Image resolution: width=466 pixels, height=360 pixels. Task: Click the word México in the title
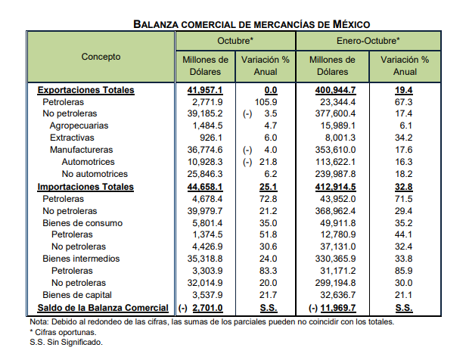pyautogui.click(x=351, y=24)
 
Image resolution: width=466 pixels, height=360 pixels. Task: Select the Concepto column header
pyautogui.click(x=101, y=57)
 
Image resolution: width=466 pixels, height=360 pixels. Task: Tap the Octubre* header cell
pyautogui.click(x=235, y=41)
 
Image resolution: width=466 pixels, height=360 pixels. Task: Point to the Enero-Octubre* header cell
pyautogui.click(x=368, y=41)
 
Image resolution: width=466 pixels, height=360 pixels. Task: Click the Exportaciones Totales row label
pyautogui.click(x=86, y=90)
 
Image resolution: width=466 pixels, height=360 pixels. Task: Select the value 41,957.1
pyautogui.click(x=205, y=90)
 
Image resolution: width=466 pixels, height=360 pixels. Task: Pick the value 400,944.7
pyautogui.click(x=335, y=90)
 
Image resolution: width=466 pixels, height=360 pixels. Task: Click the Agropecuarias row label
pyautogui.click(x=79, y=126)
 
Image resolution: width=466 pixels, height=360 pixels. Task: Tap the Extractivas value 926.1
pyautogui.click(x=211, y=138)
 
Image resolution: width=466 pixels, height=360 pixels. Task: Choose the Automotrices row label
pyautogui.click(x=88, y=162)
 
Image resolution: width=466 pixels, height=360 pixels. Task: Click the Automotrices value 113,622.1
pyautogui.click(x=335, y=162)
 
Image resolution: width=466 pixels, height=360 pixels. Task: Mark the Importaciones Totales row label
pyautogui.click(x=85, y=187)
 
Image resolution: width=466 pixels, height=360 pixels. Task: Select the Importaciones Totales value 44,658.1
pyautogui.click(x=205, y=187)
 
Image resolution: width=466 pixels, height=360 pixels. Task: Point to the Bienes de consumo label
pyautogui.click(x=82, y=223)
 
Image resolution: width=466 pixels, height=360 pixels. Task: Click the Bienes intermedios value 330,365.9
pyautogui.click(x=335, y=259)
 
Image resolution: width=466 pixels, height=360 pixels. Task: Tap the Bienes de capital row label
pyautogui.click(x=77, y=295)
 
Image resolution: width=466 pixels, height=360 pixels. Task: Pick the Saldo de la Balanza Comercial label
pyautogui.click(x=103, y=308)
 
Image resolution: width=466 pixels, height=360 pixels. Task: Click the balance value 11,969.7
pyautogui.click(x=338, y=308)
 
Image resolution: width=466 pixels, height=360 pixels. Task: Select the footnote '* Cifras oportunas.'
pyautogui.click(x=63, y=332)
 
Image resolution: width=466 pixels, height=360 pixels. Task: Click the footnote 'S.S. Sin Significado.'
pyautogui.click(x=66, y=342)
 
